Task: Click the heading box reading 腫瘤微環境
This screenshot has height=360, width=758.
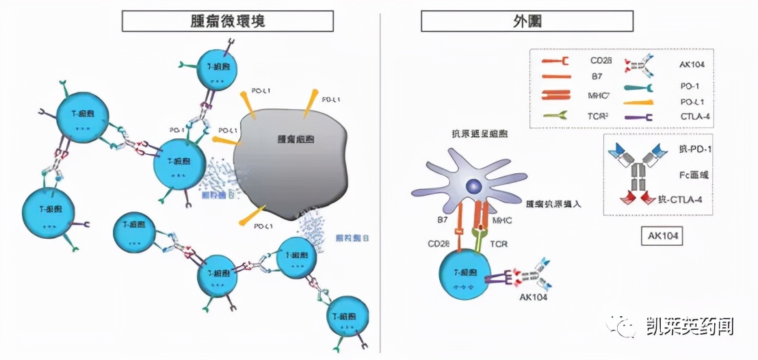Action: coord(227,21)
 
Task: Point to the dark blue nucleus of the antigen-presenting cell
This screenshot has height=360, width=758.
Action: coord(473,186)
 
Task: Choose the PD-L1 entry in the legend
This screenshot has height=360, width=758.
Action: coord(685,101)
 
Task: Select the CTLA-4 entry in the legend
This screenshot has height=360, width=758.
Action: coord(686,116)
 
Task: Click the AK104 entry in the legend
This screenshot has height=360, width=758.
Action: coord(685,63)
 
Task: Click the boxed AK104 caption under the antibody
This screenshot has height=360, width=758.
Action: coord(660,237)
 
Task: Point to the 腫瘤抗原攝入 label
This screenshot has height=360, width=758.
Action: coord(553,204)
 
